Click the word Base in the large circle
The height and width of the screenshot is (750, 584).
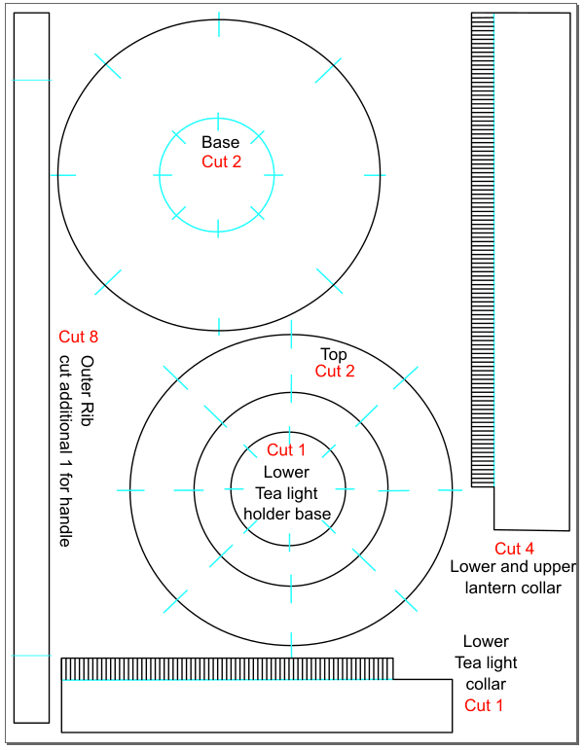coord(220,142)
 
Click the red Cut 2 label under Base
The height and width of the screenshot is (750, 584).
coord(221,161)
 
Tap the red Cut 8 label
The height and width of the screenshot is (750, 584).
coord(78,337)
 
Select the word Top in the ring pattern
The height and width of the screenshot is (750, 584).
coord(334,354)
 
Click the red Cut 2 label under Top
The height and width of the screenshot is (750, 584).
coord(335,372)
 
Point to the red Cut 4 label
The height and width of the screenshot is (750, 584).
coord(514,549)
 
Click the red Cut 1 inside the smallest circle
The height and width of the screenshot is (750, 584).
coord(286,450)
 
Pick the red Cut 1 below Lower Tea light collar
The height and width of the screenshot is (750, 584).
coord(484,705)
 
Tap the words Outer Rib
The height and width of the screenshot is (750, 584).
coord(87,391)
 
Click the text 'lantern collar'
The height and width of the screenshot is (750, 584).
coord(513,588)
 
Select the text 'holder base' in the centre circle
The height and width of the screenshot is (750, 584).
coord(287,515)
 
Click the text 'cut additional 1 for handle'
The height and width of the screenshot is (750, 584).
coord(65,450)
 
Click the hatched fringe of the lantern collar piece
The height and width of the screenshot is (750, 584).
coord(483,250)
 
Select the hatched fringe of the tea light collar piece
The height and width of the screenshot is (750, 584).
coord(228,668)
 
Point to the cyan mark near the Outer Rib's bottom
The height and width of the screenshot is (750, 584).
coord(31,656)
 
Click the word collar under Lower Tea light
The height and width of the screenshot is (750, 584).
coord(486,684)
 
